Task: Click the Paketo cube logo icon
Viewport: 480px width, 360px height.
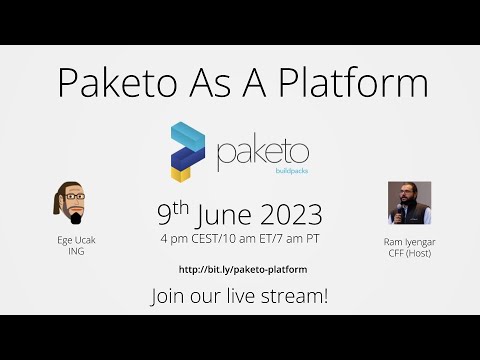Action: [x=187, y=150]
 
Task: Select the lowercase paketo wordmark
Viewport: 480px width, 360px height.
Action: [x=262, y=153]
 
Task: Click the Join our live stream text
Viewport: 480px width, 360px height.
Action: [x=239, y=296]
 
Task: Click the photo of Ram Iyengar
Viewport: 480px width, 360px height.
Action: [x=409, y=203]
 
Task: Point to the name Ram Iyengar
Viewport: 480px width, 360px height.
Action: [x=409, y=242]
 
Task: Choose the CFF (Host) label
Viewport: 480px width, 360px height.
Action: [x=409, y=254]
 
